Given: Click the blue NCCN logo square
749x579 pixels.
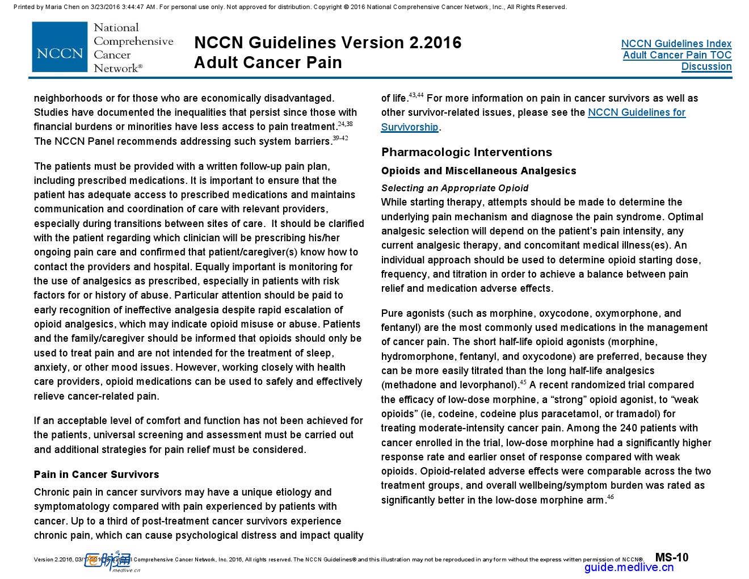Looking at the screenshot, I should click(x=60, y=47).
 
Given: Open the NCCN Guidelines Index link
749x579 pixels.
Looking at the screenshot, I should click(x=676, y=44).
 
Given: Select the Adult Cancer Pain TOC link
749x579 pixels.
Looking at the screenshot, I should click(x=677, y=55).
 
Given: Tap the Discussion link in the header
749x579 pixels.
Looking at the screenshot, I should click(x=706, y=66).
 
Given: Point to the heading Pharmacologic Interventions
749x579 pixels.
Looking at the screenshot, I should click(x=466, y=152).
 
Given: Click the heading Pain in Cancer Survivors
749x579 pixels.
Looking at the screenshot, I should click(x=96, y=475).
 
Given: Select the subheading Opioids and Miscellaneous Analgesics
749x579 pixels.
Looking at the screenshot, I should click(x=478, y=171).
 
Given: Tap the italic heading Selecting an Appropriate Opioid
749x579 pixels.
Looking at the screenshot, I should click(x=455, y=188).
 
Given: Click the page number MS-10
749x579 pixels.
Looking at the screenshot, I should click(x=672, y=557).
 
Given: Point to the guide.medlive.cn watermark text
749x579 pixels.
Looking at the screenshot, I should click(x=629, y=567).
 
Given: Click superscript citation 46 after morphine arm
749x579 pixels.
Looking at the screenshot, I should click(x=611, y=497).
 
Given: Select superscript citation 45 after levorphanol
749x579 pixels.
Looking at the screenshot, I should click(x=523, y=382).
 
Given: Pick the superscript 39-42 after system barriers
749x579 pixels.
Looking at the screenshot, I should click(x=340, y=138).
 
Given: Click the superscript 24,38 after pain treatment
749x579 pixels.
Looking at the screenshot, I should click(x=345, y=124).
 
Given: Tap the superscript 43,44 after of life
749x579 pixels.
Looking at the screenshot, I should click(x=416, y=95).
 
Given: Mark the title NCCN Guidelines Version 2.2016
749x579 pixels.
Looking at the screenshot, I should click(x=327, y=43).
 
